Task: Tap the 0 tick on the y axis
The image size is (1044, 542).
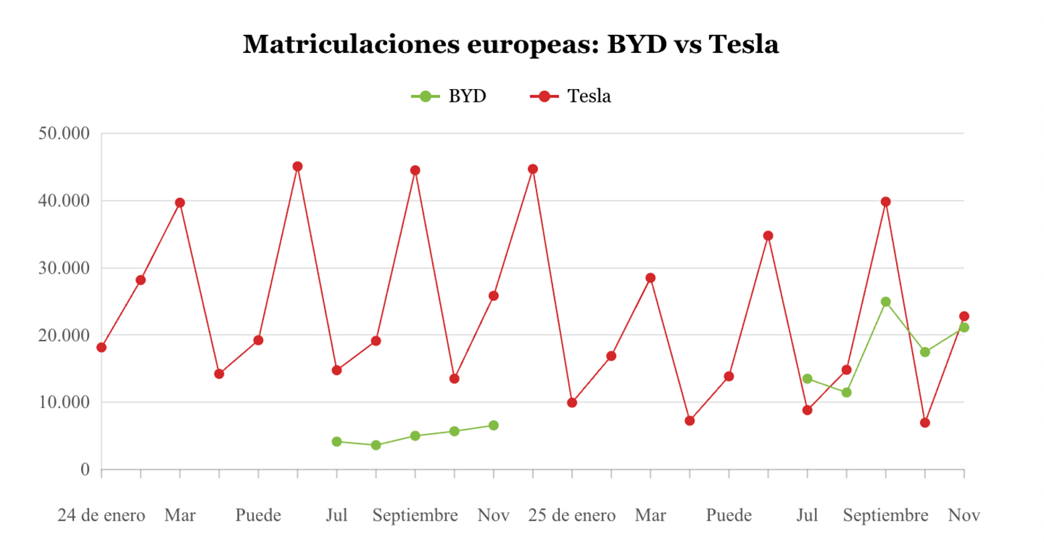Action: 85,470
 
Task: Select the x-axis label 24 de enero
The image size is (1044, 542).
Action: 101,516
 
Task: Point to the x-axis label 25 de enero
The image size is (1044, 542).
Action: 571,516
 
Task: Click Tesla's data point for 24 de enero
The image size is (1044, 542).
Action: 101,347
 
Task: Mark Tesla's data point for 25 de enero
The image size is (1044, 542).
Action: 572,403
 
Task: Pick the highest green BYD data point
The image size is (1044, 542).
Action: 886,302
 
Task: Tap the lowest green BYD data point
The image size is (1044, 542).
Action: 376,445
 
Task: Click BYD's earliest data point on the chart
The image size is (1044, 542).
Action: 337,442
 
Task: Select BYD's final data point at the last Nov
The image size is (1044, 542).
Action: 964,327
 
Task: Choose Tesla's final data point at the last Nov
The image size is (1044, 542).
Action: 964,317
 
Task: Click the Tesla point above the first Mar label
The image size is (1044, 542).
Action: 179,203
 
